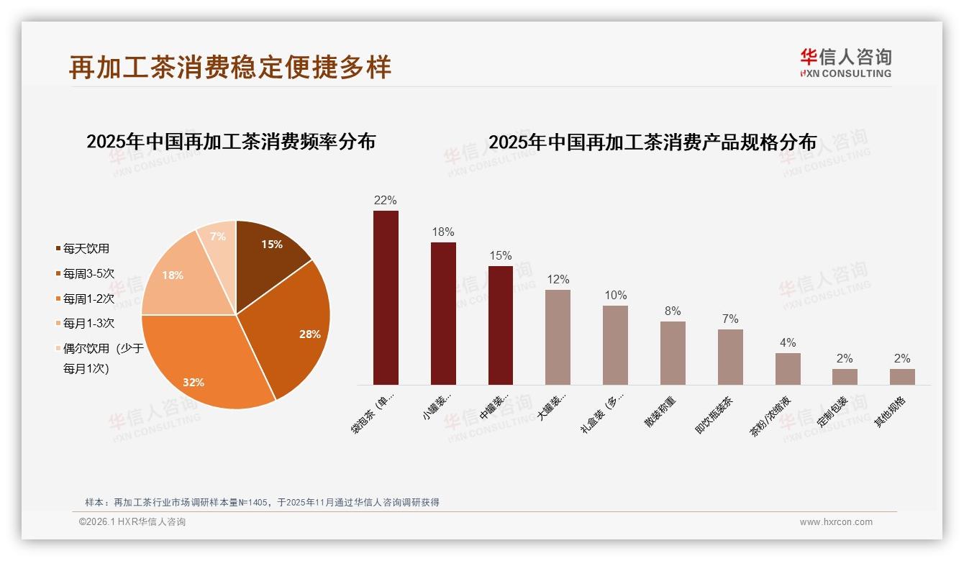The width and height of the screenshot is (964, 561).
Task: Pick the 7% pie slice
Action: click(219, 241)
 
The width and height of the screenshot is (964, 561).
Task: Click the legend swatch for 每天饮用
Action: click(58, 249)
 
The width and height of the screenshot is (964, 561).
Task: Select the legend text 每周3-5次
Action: click(88, 274)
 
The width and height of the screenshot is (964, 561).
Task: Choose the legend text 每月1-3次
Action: click(88, 324)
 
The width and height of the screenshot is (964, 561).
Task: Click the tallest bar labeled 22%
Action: click(386, 298)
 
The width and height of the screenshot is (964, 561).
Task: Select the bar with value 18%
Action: click(443, 314)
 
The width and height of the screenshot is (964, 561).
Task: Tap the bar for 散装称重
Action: click(673, 353)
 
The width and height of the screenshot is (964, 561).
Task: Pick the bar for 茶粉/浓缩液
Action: click(788, 369)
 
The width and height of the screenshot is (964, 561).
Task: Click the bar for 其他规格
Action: click(902, 377)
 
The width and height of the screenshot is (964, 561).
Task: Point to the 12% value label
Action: click(558, 280)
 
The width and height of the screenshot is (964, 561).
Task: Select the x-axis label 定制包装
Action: click(833, 412)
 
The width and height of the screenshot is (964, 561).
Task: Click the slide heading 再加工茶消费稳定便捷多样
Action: click(230, 67)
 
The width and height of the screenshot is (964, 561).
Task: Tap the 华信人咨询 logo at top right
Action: click(845, 63)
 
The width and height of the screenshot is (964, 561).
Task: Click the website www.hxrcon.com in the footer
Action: click(836, 522)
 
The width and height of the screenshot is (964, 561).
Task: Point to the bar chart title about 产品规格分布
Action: click(652, 142)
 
